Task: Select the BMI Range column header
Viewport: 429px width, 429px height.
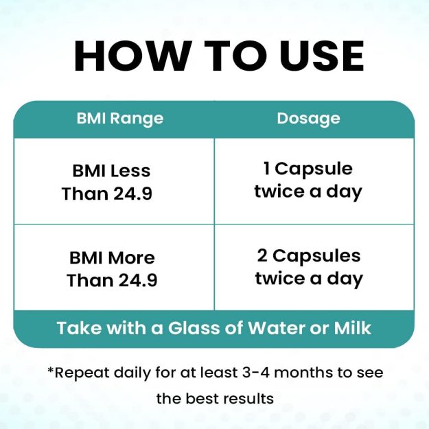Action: [120, 119]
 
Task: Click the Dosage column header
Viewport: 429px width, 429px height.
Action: [308, 119]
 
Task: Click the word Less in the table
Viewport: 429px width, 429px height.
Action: [130, 172]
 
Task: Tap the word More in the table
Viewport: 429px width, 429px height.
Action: [132, 258]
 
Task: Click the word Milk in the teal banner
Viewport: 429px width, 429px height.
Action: [352, 328]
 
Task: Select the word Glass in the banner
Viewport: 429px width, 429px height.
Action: [194, 328]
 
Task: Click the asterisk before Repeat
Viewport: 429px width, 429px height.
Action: [51, 370]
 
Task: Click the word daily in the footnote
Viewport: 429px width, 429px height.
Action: [132, 373]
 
